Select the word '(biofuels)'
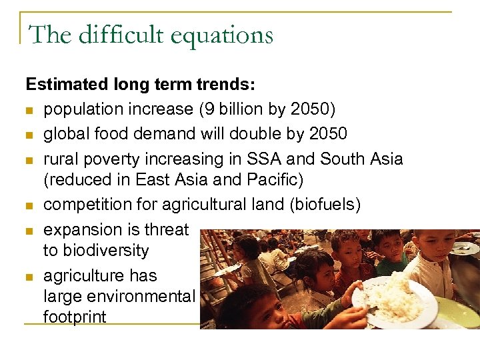pos(325,205)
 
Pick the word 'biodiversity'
pos(96,251)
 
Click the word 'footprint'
pos(75,317)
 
